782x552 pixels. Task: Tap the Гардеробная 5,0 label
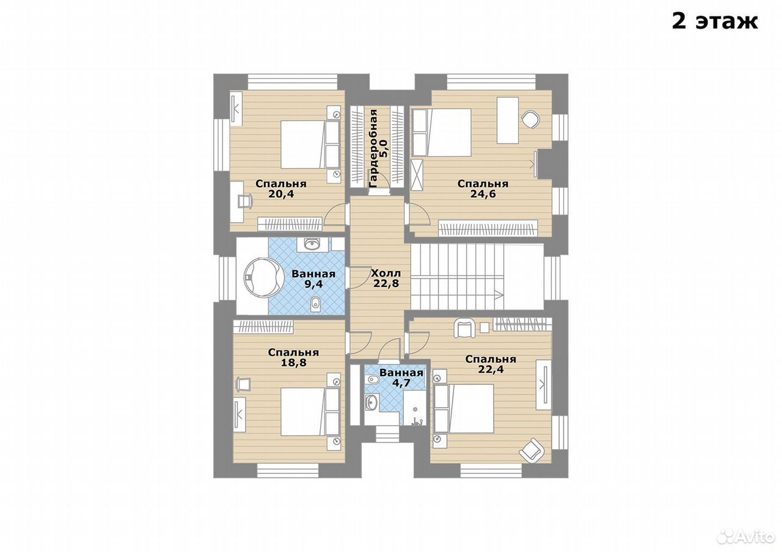[x=378, y=148]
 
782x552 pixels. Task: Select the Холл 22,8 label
[x=386, y=278]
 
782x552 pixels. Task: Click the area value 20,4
[x=281, y=194]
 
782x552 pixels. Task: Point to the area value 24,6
[x=483, y=194]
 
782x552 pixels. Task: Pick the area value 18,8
[x=294, y=363]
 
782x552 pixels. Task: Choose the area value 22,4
[x=491, y=369]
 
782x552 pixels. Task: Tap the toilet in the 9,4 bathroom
[x=315, y=304]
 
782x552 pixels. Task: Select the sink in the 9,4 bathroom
[x=312, y=244]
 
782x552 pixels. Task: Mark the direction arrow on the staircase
[x=499, y=294]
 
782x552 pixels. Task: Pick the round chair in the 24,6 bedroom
[x=531, y=120]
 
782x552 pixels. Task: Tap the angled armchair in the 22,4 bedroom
[x=532, y=449]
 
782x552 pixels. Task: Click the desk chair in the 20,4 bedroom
[x=245, y=202]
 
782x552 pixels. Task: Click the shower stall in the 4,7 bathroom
[x=414, y=407]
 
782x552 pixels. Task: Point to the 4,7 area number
[x=401, y=383]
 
